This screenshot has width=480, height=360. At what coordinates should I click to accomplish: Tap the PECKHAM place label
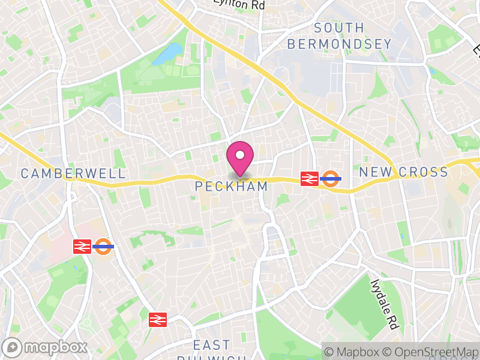coord(231,187)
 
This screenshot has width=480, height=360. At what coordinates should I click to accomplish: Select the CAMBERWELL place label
coord(73,173)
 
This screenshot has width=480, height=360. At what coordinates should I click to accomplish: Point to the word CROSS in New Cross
coord(423,172)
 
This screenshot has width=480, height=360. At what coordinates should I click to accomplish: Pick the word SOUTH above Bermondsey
coord(339,28)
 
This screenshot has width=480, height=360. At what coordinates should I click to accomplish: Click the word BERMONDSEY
coord(339,44)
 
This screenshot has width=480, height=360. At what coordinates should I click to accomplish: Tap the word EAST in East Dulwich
coord(212,345)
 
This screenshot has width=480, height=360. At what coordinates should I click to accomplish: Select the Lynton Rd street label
coord(239,4)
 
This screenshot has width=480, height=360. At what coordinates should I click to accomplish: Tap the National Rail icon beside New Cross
coord(309,178)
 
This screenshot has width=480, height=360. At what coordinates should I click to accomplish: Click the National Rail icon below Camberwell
coord(82,246)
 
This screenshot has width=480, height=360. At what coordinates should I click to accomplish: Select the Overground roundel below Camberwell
coord(103,246)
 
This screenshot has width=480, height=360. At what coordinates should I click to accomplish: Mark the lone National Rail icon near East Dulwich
coord(157,319)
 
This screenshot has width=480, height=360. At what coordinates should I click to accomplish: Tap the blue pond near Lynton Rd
coord(168,54)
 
